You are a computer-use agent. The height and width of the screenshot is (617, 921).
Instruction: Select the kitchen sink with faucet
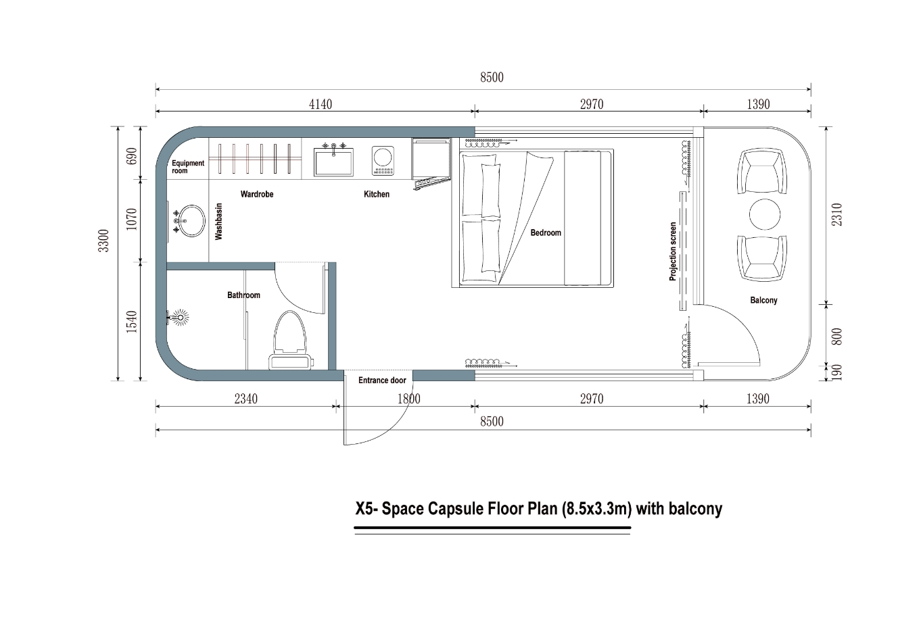pos(333,161)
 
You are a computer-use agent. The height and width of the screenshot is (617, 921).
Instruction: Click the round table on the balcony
pos(764,214)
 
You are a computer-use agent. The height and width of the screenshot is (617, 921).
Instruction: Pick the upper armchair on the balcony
pos(762,172)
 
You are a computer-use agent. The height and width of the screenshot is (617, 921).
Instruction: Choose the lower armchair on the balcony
pos(762,257)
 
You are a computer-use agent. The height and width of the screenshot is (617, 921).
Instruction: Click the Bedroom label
pos(546,232)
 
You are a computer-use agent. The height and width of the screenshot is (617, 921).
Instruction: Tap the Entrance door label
pos(382,380)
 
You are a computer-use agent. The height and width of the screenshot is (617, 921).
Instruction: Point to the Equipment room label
pos(187,167)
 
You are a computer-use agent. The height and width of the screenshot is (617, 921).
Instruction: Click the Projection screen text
pos(673,251)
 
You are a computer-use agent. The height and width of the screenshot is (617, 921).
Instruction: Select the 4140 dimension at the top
pos(321,104)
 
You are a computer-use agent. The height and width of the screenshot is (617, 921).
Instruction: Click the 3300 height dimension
pos(103,241)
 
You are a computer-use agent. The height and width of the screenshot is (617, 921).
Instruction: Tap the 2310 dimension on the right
pos(837,215)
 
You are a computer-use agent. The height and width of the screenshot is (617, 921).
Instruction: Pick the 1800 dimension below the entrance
pos(408,399)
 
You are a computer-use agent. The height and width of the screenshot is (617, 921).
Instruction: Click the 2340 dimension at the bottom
pos(245,399)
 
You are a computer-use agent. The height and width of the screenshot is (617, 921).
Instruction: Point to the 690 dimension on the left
pos(132,155)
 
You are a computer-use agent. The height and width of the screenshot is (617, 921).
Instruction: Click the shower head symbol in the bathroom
pos(179,316)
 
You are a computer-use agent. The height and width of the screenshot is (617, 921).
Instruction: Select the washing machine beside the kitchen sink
pos(383,161)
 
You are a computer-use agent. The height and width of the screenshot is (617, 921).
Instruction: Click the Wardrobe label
pos(257,194)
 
